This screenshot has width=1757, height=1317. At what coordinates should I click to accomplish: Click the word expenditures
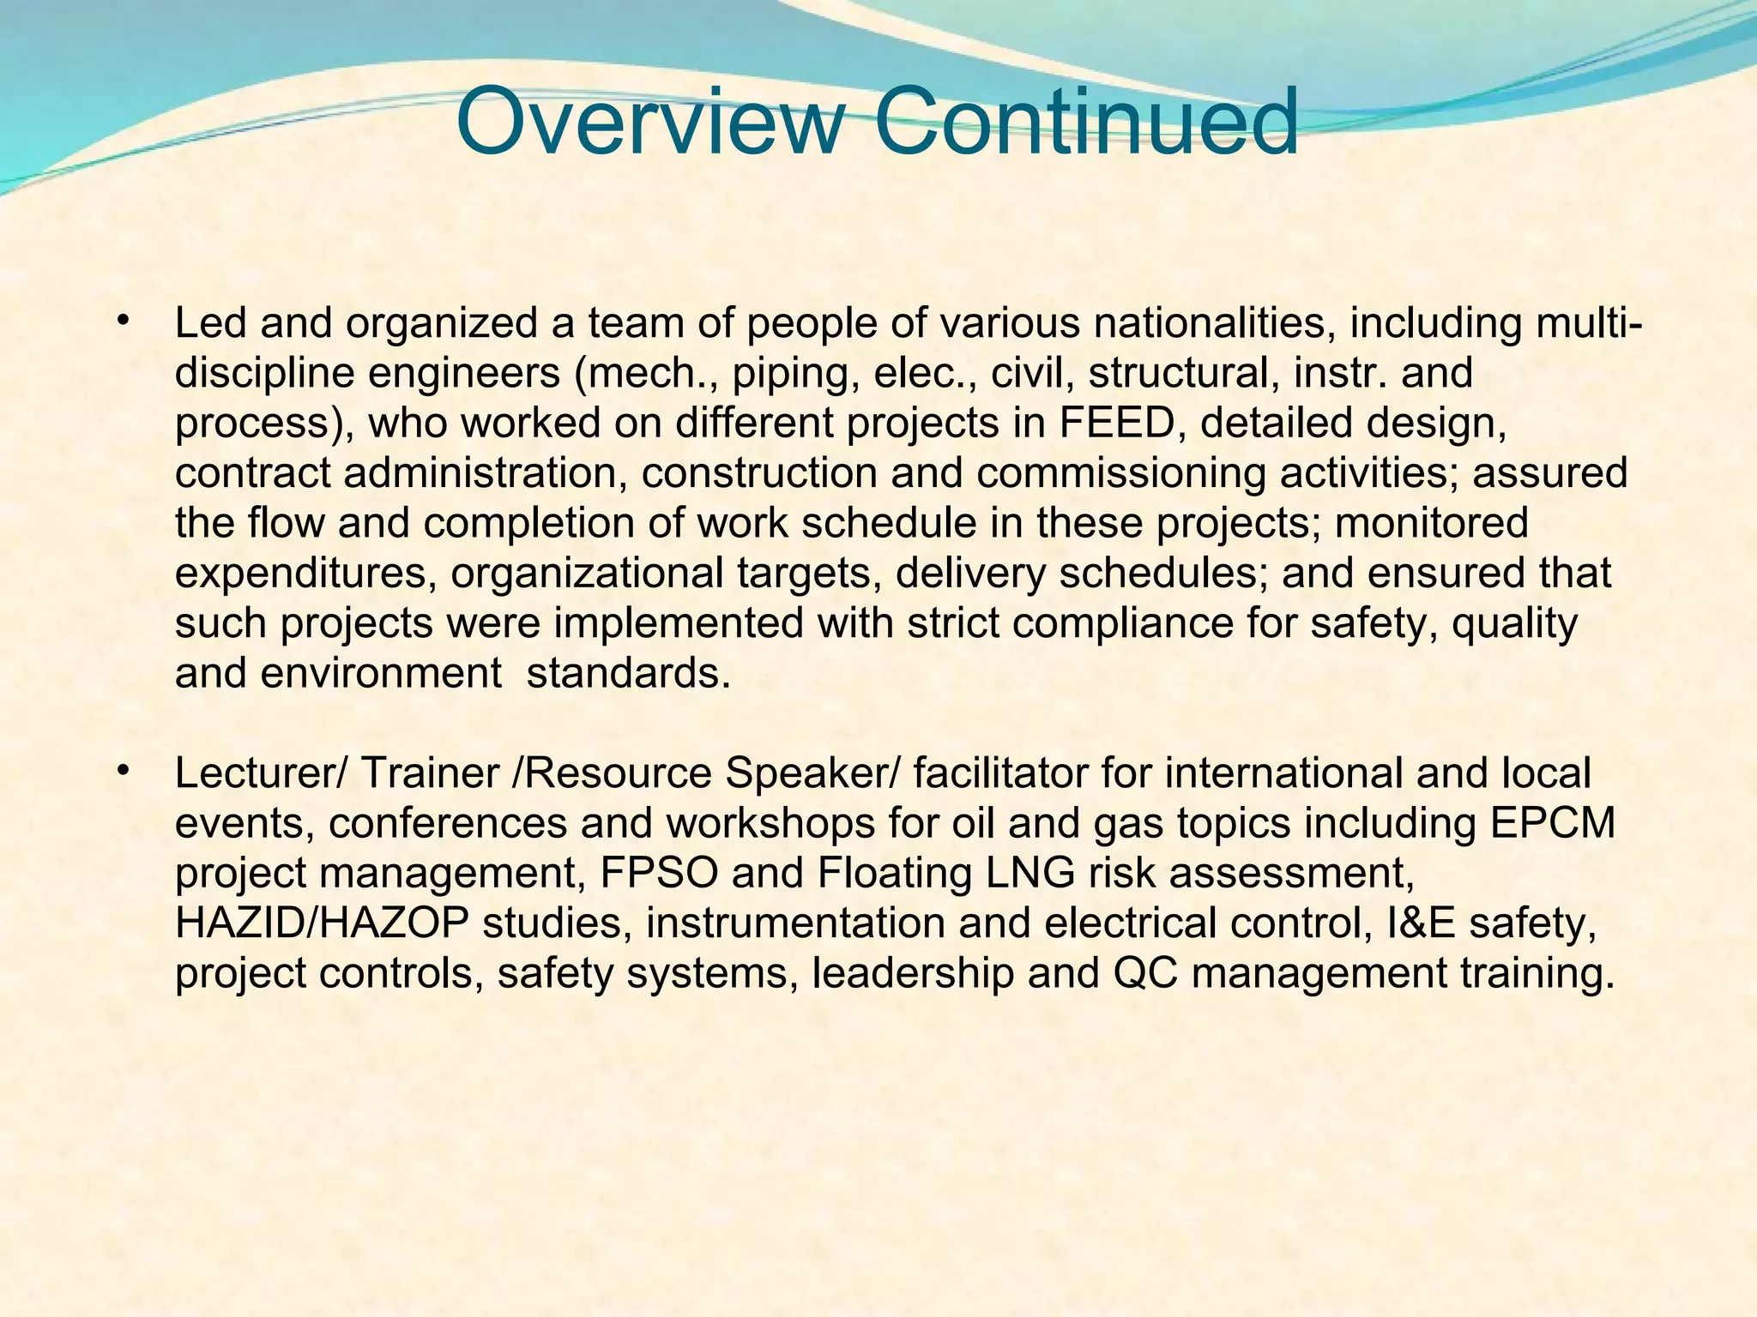(300, 573)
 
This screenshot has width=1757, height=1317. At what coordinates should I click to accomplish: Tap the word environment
(381, 673)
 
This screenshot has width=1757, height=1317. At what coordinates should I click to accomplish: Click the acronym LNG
(1030, 873)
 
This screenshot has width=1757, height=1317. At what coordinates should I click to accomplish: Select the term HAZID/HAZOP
(322, 923)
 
